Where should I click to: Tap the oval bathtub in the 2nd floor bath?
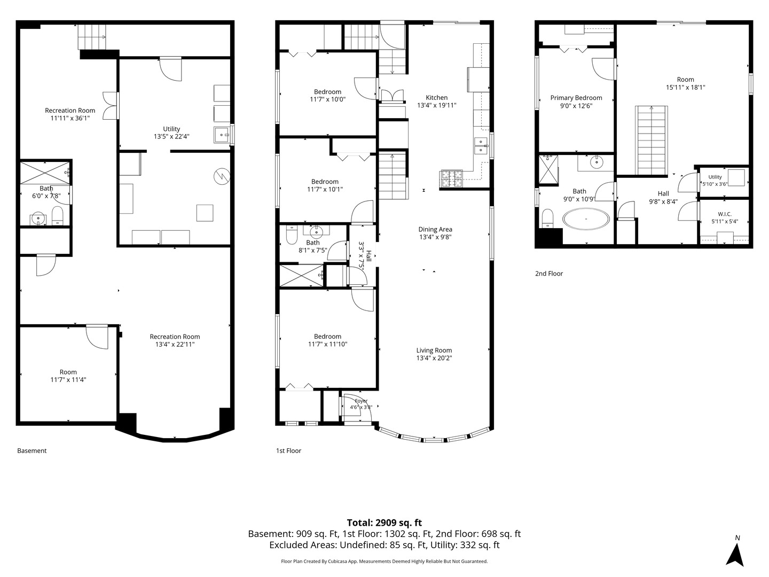coord(586,219)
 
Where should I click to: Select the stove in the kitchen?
coord(451,178)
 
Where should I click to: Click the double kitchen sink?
coord(481,146)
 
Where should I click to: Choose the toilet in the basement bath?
coord(57,215)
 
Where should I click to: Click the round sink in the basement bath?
coord(38,219)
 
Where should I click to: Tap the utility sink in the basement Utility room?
coord(222,135)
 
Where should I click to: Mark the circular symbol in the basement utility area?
coord(222,176)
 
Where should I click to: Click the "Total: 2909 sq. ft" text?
coord(384,523)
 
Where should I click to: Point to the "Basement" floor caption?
coord(32,450)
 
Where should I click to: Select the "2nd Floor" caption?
coord(548,274)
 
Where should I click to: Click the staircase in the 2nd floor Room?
coord(652,141)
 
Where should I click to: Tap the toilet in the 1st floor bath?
coord(292,235)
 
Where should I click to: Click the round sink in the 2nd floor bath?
coord(596,162)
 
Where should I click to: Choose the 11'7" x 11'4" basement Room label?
coord(68,376)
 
